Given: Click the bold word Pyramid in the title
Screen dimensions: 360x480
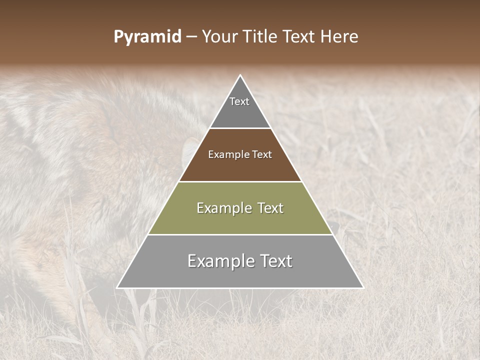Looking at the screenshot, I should [147, 37].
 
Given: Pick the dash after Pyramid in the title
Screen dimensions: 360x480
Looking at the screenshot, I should [191, 37].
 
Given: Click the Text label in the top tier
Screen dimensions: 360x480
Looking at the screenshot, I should [239, 101].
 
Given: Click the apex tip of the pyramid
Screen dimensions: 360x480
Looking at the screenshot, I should [240, 76].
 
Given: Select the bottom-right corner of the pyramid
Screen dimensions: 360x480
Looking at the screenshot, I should [362, 287].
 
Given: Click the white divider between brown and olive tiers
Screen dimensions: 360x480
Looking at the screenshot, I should [240, 181].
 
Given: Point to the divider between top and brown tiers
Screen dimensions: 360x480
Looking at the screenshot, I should [240, 128].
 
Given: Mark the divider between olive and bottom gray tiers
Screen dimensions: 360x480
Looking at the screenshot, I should [240, 234].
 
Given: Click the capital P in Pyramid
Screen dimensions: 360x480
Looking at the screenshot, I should [118, 37].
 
